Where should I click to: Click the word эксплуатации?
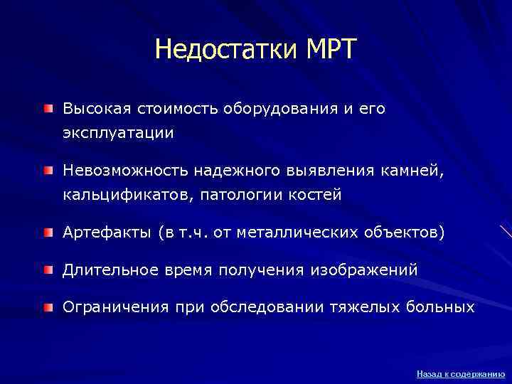tap(118, 133)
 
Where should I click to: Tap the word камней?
tap(414, 171)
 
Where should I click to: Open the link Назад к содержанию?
tap(460, 373)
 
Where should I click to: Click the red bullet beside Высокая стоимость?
tap(48, 109)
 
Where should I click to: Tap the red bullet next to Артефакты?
tap(48, 231)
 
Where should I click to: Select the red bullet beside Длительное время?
tap(48, 270)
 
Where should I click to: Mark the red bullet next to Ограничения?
tap(48, 306)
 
